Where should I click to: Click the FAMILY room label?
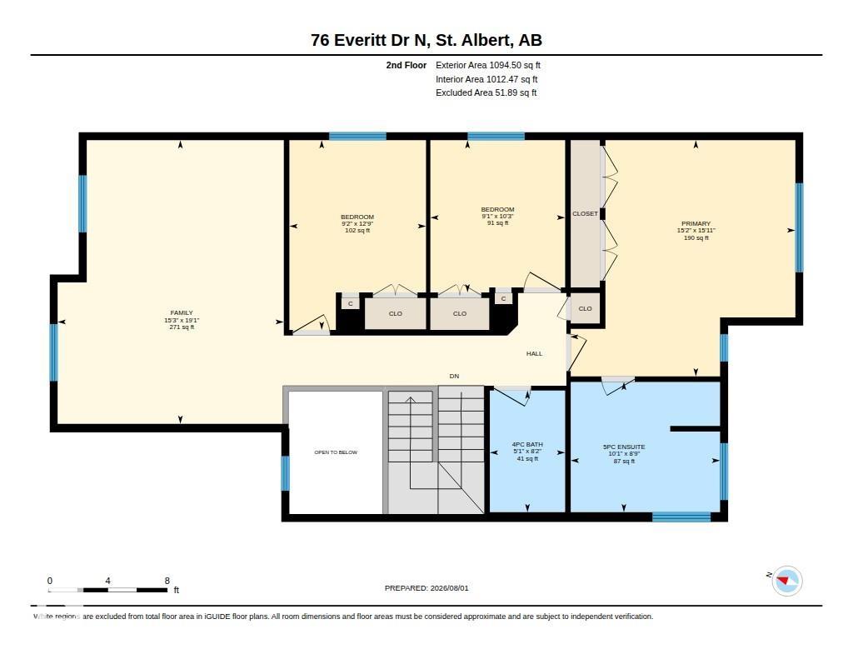pos(181,313)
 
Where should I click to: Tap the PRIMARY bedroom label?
pos(696,223)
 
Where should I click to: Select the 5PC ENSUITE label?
pos(624,447)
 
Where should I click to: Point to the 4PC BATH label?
pos(527,445)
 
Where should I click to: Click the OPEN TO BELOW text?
pos(336,452)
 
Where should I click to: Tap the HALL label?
pos(534,354)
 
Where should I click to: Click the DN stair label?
pos(454,376)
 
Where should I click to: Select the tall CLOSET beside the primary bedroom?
pos(585,213)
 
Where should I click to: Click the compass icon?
pos(786,581)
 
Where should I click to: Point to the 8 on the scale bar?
pos(167,581)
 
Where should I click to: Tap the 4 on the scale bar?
pos(107,581)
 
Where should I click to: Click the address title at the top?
pos(426,40)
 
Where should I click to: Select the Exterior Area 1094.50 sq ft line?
pos(488,65)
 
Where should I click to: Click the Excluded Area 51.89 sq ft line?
pos(486,93)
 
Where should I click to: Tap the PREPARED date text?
pos(426,588)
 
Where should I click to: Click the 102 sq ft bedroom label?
pos(357,230)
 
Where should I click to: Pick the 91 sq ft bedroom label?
pos(498,222)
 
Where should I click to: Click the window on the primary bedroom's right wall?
pos(799,227)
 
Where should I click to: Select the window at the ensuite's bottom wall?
pos(681,517)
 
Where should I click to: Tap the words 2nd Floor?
pos(407,65)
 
